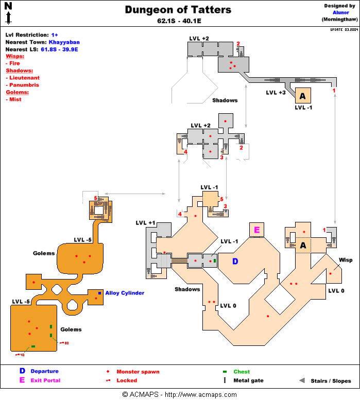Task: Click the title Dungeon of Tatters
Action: coord(178,10)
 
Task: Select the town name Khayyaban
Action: coord(64,42)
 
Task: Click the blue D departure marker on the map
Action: coord(235,261)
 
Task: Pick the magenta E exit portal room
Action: coord(256,230)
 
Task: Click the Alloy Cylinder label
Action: coord(125,293)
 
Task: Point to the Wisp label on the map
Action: coord(345,260)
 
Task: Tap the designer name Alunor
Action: coord(340,12)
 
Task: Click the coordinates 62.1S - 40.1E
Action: coord(178,22)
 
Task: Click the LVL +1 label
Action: coord(145,222)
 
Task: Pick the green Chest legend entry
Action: coord(242,372)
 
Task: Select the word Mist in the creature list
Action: coord(15,99)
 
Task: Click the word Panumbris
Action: coord(24,85)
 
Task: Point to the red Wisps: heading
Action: coord(15,56)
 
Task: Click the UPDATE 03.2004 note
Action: coord(344,29)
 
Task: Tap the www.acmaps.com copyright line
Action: coord(180,394)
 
